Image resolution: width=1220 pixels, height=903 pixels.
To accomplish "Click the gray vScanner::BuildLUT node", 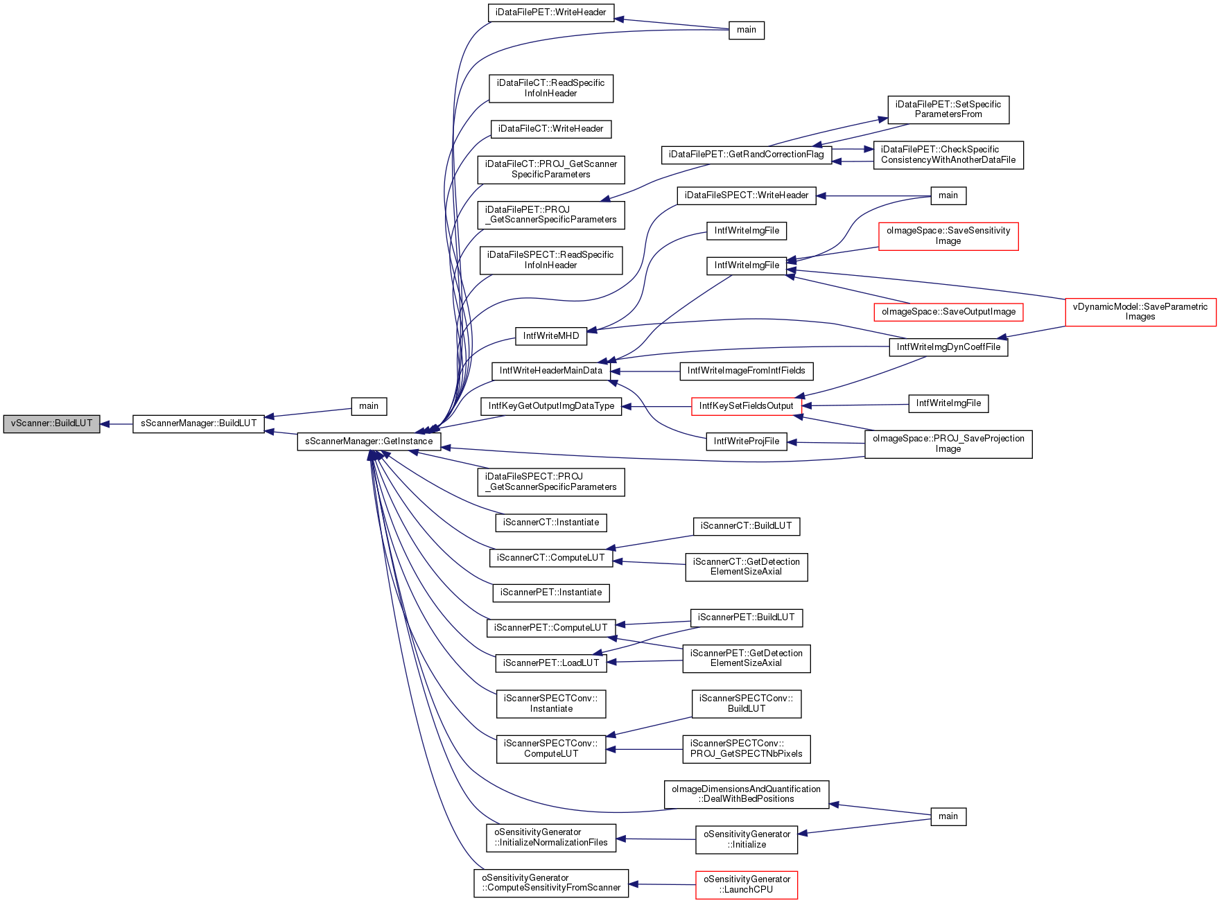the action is (x=51, y=423).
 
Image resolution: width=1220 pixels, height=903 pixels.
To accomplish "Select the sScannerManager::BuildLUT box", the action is (x=198, y=423).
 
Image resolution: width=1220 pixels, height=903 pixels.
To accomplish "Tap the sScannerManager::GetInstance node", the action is (x=369, y=441).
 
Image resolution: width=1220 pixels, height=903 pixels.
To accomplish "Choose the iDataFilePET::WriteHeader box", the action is (x=551, y=12).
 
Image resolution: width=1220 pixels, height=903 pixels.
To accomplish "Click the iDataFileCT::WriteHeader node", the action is (x=551, y=129).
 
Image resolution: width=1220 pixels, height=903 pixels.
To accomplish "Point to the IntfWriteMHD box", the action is (x=551, y=336).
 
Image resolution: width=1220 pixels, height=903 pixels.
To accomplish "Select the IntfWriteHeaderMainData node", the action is (x=551, y=371).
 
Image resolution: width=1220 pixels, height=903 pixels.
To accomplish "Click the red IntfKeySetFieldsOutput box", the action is (x=746, y=406).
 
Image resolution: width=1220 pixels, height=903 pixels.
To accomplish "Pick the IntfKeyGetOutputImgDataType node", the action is (x=551, y=406).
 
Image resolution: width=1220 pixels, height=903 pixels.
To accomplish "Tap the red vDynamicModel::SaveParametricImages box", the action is (x=1140, y=312).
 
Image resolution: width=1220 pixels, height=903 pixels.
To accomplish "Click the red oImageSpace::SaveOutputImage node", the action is (x=948, y=312).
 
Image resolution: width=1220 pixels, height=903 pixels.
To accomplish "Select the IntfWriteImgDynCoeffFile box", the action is (x=948, y=347).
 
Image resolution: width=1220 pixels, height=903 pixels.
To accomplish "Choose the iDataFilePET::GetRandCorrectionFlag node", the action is (x=746, y=155).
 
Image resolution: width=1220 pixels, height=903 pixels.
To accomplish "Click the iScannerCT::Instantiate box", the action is (x=551, y=523).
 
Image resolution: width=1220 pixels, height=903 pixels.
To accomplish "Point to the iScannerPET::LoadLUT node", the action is (x=551, y=663).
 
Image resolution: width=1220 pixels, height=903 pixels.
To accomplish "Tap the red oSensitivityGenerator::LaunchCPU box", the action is (x=747, y=885).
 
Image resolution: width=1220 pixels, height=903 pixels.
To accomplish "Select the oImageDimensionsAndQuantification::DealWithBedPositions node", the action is (x=746, y=794).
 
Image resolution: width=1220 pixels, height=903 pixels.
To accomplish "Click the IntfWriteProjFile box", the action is (x=746, y=441).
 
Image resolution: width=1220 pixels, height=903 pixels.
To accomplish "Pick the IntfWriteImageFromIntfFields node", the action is (x=746, y=371).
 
